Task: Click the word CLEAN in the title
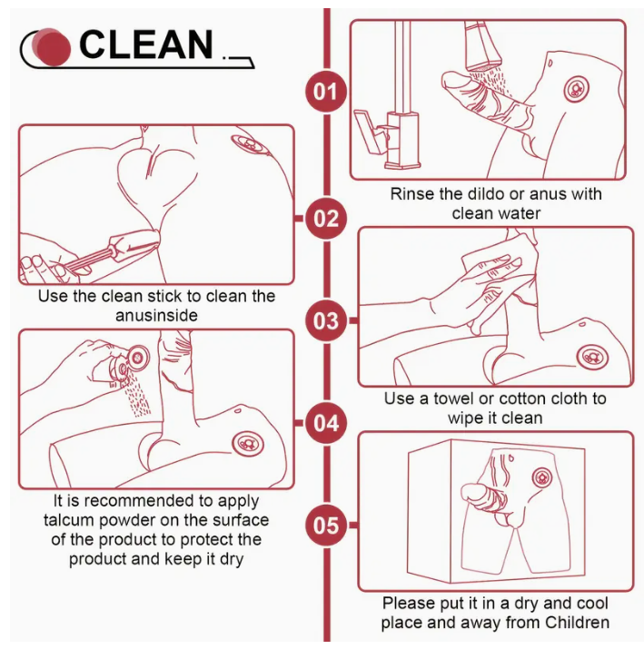coord(145,44)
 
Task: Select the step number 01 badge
coord(326,92)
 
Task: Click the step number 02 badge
coord(326,219)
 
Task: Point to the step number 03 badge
coord(326,320)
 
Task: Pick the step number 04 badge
coord(326,423)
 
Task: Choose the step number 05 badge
coord(326,526)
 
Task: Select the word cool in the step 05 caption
coord(591,603)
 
